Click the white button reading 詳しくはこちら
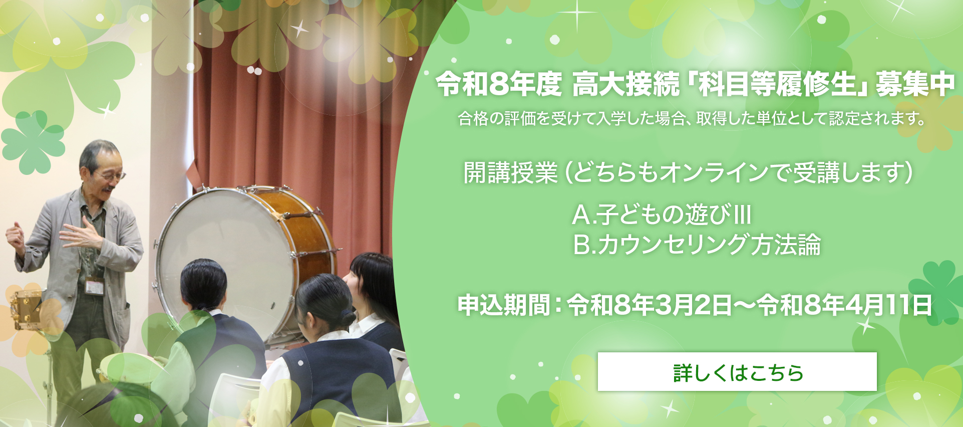click(x=737, y=372)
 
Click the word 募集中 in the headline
click(x=915, y=84)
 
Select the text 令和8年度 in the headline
click(x=499, y=84)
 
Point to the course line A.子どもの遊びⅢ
click(x=662, y=215)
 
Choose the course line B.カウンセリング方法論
click(x=697, y=245)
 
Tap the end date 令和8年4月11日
click(x=844, y=305)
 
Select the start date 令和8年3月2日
click(x=650, y=305)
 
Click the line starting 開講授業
click(x=688, y=173)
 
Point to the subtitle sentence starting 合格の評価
click(x=692, y=118)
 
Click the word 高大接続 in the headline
click(x=625, y=84)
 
